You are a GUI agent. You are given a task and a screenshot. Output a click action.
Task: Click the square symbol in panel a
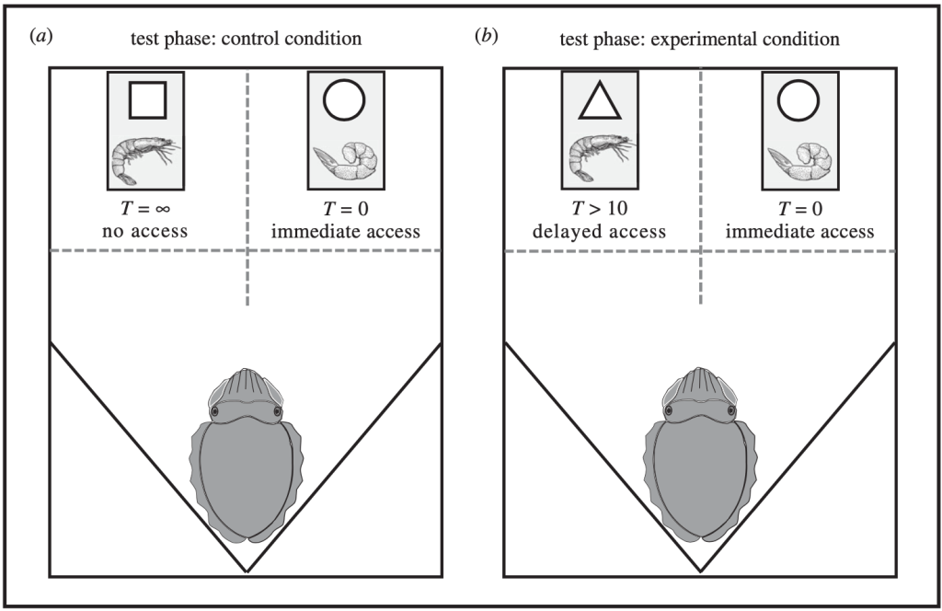click(x=146, y=99)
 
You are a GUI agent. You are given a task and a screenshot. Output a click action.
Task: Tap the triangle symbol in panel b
click(x=601, y=102)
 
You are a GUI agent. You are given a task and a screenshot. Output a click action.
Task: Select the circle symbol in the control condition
click(x=345, y=99)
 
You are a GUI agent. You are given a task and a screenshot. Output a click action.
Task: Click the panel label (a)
click(x=41, y=38)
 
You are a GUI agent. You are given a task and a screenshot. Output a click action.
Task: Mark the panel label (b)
click(x=485, y=38)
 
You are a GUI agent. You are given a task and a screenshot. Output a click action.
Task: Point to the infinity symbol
click(x=173, y=211)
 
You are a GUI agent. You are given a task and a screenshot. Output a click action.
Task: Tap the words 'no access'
click(x=144, y=231)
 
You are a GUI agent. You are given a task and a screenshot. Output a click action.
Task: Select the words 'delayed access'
click(x=600, y=231)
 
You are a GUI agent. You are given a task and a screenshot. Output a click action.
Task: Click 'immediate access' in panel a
click(x=346, y=231)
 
